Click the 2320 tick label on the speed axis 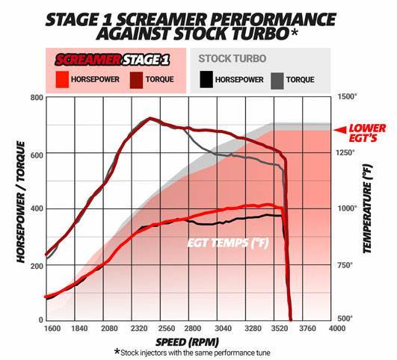point(139,329)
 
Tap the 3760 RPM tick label point(307,329)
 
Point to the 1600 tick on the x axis point(52,329)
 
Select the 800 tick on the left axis point(37,97)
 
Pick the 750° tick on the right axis point(345,265)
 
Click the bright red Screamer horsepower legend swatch point(62,79)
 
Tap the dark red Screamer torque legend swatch point(136,80)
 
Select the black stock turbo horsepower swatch point(206,79)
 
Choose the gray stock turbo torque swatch point(277,81)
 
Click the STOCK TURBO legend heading point(233,58)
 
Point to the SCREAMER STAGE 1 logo point(112,60)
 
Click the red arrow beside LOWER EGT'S point(340,130)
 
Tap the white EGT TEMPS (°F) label point(228,243)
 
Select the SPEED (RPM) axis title point(187,342)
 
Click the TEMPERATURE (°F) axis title point(368,208)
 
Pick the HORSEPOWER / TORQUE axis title point(21,202)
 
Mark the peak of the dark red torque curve point(150,118)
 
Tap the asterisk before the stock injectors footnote point(117,351)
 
